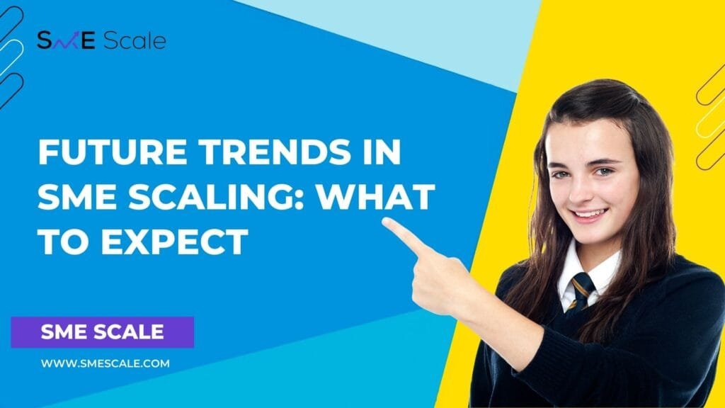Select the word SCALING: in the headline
pos(216,196)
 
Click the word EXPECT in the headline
pos(175,241)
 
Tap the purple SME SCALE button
pos(102,332)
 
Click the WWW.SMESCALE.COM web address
pos(105,363)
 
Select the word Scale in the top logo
pos(135,40)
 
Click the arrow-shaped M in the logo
pos(67,40)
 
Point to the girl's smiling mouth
pos(589,215)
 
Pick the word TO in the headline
pos(64,241)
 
